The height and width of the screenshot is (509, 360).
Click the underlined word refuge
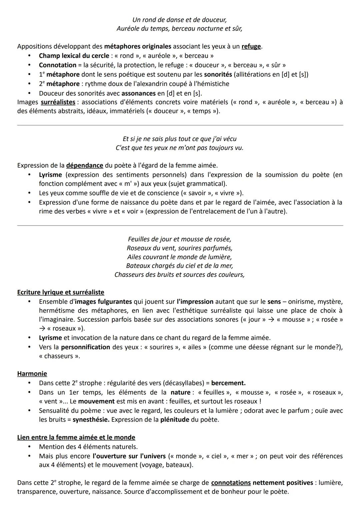pos(251,46)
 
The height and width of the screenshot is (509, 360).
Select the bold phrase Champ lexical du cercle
pos(74,56)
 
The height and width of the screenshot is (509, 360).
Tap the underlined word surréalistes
pos(58,102)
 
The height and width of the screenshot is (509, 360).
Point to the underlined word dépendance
pos(85,165)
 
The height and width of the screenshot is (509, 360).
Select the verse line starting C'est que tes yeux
pos(179,148)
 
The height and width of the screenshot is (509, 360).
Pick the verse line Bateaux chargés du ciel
pos(179,266)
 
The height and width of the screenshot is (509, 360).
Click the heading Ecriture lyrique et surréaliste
pos(61,292)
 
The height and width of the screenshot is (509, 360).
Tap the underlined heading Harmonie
pos(32,373)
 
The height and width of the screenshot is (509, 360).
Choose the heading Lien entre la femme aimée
pos(76,437)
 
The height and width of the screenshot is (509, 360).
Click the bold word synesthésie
pos(91,419)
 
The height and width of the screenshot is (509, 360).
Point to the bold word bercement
pos(228,383)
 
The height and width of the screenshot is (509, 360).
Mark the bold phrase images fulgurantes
pos(103,301)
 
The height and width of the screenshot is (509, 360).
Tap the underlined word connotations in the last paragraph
pos(231,483)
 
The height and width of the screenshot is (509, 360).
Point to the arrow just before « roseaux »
pos(42,328)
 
